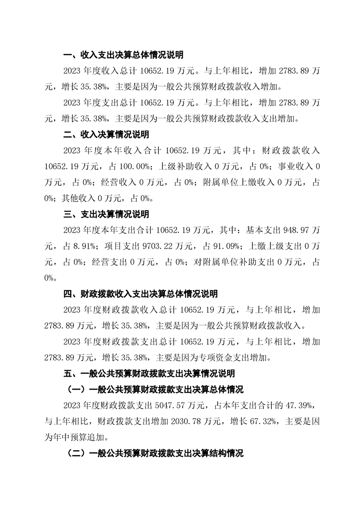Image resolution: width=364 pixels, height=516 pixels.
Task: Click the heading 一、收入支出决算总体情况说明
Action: [x=123, y=55]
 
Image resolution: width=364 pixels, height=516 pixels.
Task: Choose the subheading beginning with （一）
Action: [x=155, y=390]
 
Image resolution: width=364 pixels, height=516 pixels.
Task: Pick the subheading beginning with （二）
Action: [x=155, y=453]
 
